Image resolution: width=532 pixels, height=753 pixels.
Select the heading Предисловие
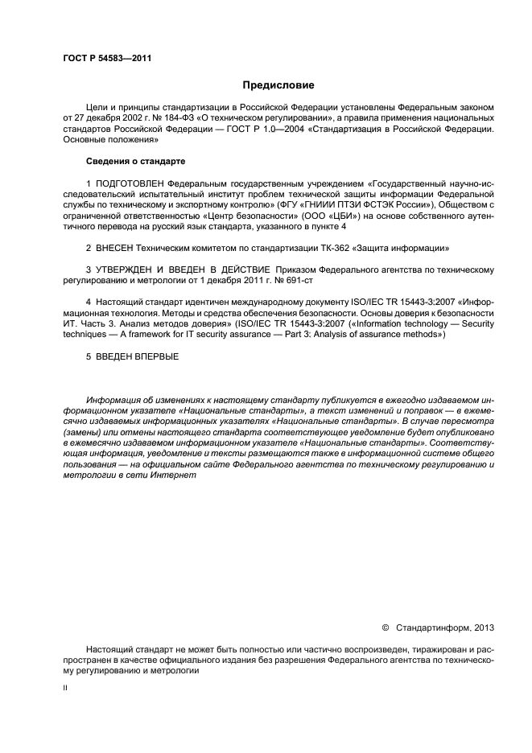[x=278, y=85]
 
